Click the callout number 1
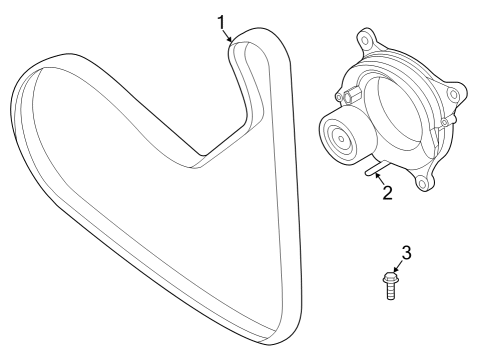[x=221, y=19]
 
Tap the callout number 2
[x=388, y=192]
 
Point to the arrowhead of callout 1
[x=231, y=40]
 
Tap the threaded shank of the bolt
[x=391, y=291]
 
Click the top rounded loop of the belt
[x=258, y=40]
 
